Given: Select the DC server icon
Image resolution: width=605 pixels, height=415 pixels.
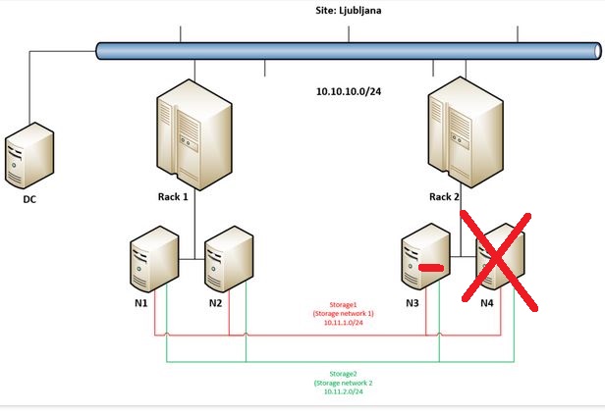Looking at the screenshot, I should [x=28, y=154].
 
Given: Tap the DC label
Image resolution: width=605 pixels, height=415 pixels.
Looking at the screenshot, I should [x=29, y=199].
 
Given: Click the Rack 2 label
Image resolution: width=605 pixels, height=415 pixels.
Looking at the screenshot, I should [x=445, y=196].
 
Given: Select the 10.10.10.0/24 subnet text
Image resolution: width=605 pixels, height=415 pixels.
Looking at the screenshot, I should [x=348, y=90].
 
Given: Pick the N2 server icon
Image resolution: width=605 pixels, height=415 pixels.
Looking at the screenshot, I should [x=229, y=258].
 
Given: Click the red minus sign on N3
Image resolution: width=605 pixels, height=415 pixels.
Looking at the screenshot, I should [x=428, y=267].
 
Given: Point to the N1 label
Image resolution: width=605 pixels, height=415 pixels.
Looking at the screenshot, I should [x=141, y=303].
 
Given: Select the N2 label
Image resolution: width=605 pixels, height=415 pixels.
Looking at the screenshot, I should [x=216, y=303].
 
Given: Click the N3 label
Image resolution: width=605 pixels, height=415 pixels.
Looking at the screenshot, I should [x=412, y=303].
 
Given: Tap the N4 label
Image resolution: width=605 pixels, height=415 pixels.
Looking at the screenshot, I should [x=487, y=303].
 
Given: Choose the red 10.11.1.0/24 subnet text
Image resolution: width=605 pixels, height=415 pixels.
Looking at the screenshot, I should [x=344, y=321].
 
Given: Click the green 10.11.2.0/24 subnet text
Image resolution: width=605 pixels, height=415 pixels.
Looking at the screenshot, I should [x=344, y=390].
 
